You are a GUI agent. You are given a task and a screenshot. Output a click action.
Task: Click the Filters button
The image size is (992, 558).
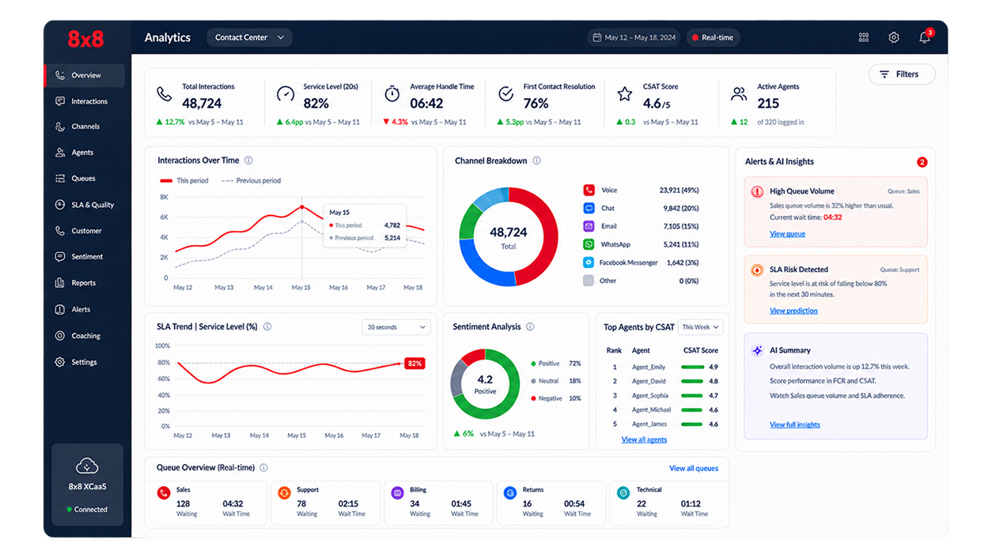902,74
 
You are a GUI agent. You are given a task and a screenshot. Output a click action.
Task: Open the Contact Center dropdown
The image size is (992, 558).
249,38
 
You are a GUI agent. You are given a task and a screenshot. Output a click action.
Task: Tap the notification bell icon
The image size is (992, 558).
924,37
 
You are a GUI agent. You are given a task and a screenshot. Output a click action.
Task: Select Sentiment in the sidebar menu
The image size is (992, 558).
87,257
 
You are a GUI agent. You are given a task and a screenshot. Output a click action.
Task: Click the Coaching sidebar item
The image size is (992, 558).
85,336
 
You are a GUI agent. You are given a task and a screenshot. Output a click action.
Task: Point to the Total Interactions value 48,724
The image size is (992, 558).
202,104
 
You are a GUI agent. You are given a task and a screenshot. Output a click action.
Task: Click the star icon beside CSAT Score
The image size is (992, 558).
624,94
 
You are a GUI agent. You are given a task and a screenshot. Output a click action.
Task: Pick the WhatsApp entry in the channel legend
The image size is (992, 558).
615,244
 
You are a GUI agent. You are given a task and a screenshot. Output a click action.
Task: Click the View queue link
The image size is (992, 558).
787,234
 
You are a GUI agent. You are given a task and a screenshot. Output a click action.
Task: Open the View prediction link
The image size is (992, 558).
793,311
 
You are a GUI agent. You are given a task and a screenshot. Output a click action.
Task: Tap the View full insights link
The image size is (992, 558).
794,424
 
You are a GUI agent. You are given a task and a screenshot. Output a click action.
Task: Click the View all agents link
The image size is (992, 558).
644,439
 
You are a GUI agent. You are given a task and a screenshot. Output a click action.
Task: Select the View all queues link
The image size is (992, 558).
694,468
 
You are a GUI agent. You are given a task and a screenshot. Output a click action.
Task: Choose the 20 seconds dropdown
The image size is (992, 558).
396,327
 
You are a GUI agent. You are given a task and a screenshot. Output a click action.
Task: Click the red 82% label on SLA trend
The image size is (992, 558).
415,364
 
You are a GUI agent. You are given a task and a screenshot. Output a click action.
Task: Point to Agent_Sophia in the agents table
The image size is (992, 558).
649,396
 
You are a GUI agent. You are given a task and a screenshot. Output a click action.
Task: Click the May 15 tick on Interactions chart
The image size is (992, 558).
301,288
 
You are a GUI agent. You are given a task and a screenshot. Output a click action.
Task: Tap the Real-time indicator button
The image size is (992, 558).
713,38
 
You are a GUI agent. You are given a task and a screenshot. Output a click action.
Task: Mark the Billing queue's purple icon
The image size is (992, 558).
397,492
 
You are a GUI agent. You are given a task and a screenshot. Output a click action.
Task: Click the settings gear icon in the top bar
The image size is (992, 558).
894,38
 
